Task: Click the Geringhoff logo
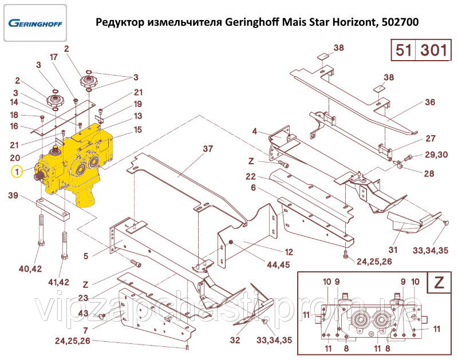click(35, 23)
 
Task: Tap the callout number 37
click(207, 149)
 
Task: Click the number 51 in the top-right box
click(404, 50)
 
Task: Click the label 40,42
click(30, 268)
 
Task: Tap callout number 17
click(54, 57)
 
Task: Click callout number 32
click(235, 341)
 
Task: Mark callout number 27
click(430, 139)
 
